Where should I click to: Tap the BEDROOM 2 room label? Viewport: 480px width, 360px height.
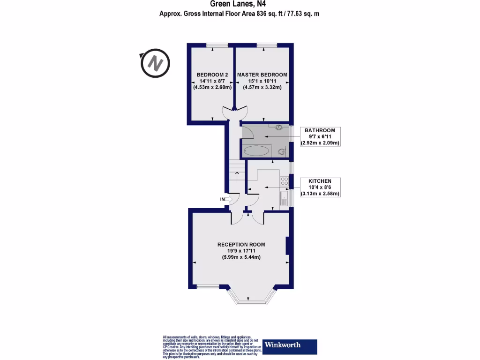click(212, 75)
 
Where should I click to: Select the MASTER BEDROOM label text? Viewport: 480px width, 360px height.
click(262, 75)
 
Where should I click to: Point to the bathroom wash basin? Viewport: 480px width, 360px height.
click(279, 127)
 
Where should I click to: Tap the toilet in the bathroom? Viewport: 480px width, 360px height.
click(282, 151)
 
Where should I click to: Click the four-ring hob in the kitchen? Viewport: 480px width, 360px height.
click(284, 181)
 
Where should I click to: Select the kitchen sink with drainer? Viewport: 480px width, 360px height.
click(283, 199)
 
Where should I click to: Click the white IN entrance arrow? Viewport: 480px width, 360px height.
click(228, 199)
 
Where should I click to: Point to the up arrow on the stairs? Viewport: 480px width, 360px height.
click(237, 177)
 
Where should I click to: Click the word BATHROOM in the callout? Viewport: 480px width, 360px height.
click(320, 130)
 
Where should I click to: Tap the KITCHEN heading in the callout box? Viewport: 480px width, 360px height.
click(320, 181)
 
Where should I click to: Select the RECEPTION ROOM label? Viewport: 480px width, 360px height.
click(241, 244)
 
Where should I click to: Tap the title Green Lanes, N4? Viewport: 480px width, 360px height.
click(240, 5)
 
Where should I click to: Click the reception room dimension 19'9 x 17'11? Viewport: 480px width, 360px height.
click(241, 251)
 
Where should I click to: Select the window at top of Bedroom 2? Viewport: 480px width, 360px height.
click(217, 45)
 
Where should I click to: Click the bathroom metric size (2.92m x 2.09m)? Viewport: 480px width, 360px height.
click(320, 143)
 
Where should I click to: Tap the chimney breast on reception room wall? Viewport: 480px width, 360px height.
click(289, 246)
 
